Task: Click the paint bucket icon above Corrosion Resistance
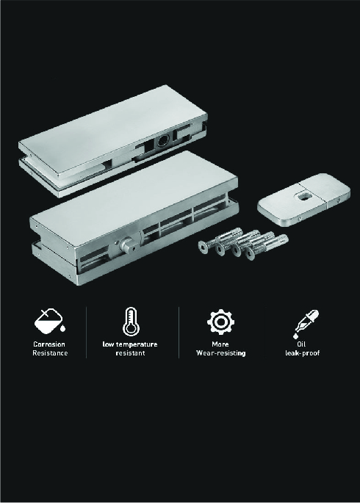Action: point(50,322)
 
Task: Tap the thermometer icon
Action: point(131,322)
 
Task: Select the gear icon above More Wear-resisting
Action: point(220,322)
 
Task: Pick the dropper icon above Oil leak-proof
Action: point(306,324)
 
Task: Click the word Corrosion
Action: point(49,344)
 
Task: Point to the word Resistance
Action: point(50,353)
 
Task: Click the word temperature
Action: point(137,344)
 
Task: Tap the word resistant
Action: point(130,353)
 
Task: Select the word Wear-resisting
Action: point(220,353)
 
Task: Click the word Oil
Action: point(301,344)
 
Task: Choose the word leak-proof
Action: point(303,353)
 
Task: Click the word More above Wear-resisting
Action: point(220,344)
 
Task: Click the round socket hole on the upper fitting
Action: point(162,141)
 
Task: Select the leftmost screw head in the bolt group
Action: point(203,247)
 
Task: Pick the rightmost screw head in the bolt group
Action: point(250,255)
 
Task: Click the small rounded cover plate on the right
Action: point(304,200)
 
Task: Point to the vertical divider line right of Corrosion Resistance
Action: point(86,333)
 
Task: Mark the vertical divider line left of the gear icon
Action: point(179,333)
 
